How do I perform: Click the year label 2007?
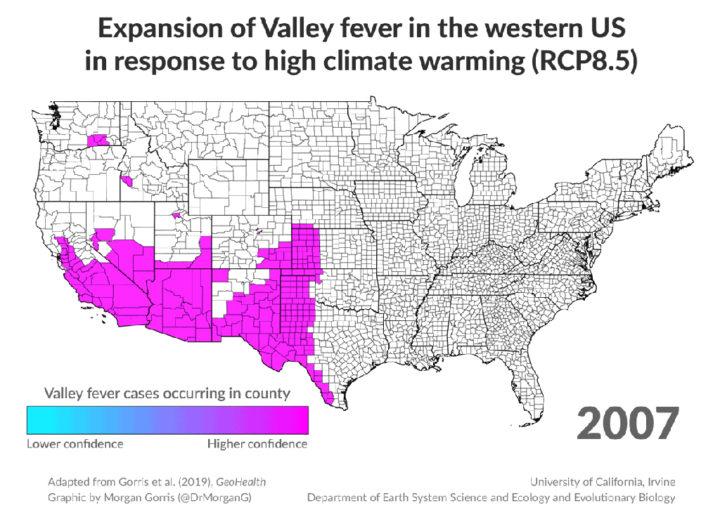tap(628, 423)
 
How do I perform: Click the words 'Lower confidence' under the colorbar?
tap(75, 444)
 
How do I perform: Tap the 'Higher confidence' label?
tap(257, 444)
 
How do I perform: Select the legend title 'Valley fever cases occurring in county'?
tap(167, 393)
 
